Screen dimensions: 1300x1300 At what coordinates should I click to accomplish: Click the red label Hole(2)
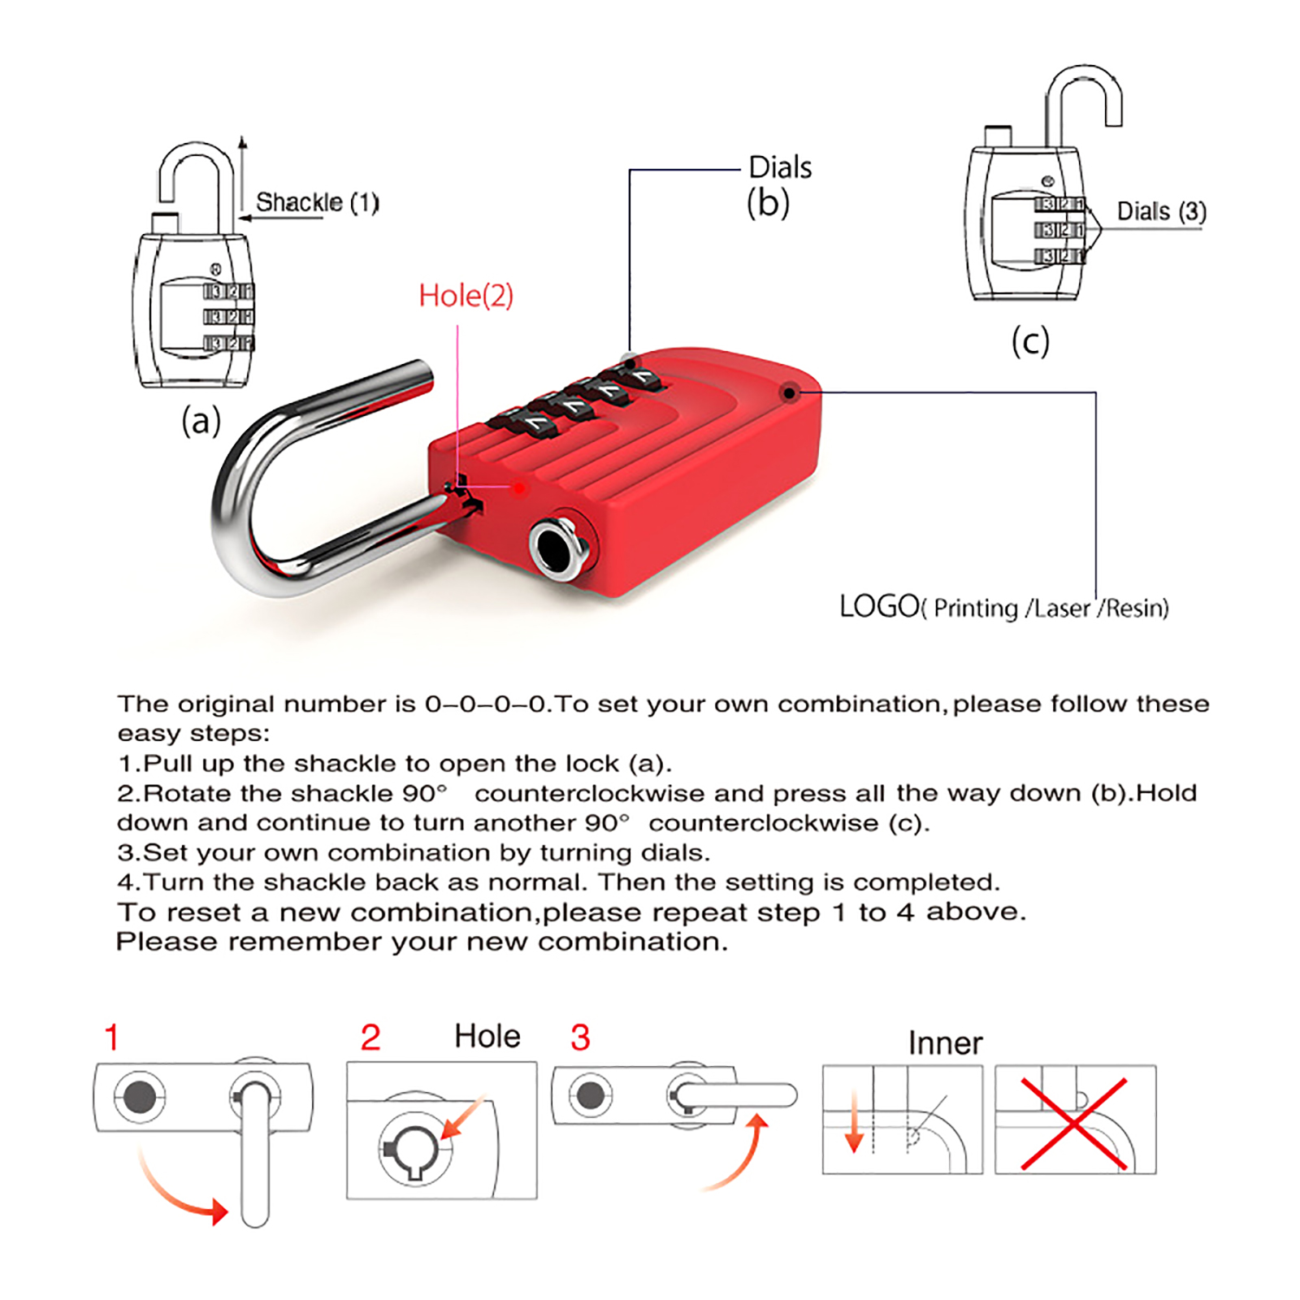tap(466, 296)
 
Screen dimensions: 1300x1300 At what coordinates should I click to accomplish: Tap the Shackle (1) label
tap(318, 202)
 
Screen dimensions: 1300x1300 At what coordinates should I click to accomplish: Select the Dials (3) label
tap(1162, 211)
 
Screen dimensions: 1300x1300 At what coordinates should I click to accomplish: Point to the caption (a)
tap(201, 421)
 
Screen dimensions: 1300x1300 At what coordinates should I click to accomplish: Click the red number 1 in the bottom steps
tap(112, 1038)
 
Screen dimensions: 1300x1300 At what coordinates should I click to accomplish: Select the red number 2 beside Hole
tap(370, 1038)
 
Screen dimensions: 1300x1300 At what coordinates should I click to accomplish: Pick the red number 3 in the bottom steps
tap(580, 1038)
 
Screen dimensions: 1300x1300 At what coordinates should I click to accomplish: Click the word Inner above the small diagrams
tap(945, 1043)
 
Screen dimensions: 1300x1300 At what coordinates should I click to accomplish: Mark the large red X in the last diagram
tap(1074, 1124)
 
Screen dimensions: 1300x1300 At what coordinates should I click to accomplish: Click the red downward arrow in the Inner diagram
tap(854, 1122)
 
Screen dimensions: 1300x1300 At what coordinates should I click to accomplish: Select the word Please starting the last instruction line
tap(167, 942)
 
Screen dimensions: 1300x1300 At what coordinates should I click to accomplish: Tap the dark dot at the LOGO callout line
tap(788, 393)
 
